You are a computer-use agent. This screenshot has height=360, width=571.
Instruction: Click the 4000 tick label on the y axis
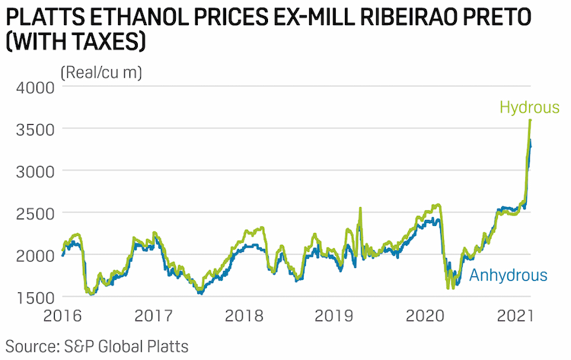[35, 88]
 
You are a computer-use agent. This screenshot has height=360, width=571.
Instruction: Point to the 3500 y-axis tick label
[35, 130]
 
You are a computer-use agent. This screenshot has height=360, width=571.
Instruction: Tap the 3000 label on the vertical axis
[35, 172]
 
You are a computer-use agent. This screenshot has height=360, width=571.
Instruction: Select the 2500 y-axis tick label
[35, 214]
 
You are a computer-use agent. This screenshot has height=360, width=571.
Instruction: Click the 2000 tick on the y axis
[35, 256]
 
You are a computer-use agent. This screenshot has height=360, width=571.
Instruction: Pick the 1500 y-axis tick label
[35, 298]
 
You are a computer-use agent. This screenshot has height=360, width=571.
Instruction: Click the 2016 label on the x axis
[62, 316]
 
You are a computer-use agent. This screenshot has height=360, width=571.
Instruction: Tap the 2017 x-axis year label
[153, 316]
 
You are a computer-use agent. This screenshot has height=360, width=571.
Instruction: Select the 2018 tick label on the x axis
[244, 316]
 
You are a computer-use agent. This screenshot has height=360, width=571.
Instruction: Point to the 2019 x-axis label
[334, 316]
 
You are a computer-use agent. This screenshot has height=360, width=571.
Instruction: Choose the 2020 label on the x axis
[425, 316]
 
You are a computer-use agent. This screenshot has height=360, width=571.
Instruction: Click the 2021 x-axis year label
[515, 316]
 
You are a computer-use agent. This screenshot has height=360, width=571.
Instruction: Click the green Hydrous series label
[529, 108]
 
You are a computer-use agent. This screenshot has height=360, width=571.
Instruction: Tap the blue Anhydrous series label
[509, 276]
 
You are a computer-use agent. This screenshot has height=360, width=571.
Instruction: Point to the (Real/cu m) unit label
[101, 72]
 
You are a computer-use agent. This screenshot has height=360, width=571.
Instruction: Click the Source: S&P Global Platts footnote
[97, 346]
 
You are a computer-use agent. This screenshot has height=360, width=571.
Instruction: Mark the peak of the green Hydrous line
[530, 119]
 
